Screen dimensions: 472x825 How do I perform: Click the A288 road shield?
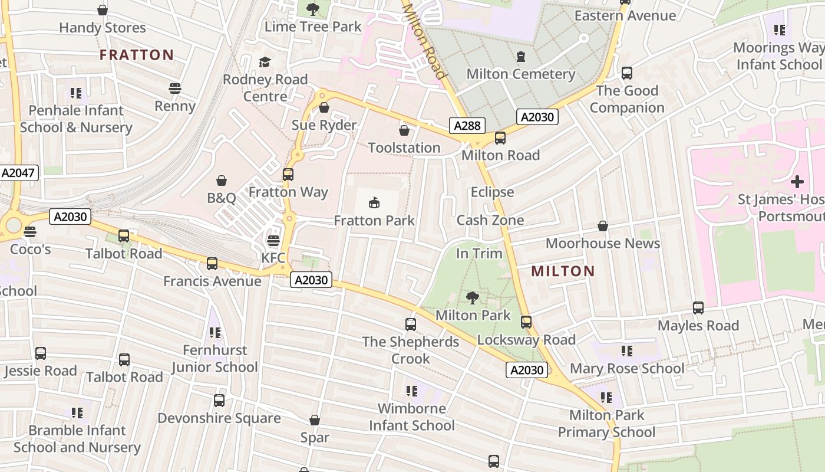(x=468, y=125)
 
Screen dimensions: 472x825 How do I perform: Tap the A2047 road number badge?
(x=19, y=173)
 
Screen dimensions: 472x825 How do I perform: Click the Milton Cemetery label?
(x=520, y=74)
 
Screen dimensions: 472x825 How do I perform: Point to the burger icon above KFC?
(x=273, y=240)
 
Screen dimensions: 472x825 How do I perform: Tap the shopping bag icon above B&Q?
(x=222, y=181)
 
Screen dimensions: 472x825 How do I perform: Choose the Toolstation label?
(x=404, y=148)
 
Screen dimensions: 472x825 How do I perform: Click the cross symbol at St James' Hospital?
(x=797, y=182)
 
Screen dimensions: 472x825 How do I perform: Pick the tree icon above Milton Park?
(x=472, y=297)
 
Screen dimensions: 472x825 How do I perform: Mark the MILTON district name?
(x=563, y=271)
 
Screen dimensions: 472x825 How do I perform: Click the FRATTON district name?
(x=137, y=55)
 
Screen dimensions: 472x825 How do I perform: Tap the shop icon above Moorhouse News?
(x=603, y=226)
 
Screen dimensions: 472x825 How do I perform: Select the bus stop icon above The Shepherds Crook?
(x=411, y=324)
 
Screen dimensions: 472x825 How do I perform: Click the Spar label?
(x=315, y=438)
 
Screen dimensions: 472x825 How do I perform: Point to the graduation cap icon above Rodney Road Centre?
(x=265, y=62)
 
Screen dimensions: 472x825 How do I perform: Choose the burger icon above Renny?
(x=175, y=88)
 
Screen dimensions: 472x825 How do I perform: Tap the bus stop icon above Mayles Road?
(x=698, y=308)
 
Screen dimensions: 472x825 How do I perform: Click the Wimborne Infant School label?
(x=412, y=417)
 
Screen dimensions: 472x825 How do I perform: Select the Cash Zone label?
(x=490, y=221)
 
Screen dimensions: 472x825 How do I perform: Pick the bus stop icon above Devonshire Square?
(x=219, y=401)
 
